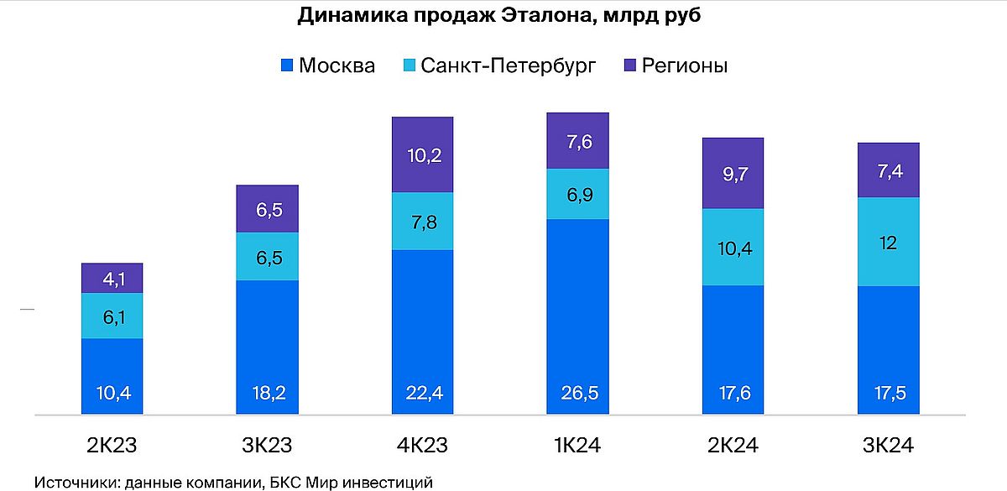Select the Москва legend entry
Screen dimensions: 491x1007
pyautogui.click(x=328, y=65)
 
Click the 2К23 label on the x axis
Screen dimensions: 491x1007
pyautogui.click(x=112, y=445)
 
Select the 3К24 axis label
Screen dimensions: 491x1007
pyautogui.click(x=888, y=445)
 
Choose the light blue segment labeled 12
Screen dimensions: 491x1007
pyautogui.click(x=888, y=243)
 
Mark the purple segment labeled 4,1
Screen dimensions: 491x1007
pyautogui.click(x=112, y=278)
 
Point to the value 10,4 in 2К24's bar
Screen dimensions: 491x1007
pyautogui.click(x=733, y=248)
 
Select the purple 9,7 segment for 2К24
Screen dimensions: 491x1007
pyautogui.click(x=733, y=173)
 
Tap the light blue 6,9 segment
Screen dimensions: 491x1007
pyautogui.click(x=577, y=194)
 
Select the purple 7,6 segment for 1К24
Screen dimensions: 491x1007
pyautogui.click(x=577, y=141)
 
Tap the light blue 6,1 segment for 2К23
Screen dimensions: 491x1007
pyautogui.click(x=112, y=316)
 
